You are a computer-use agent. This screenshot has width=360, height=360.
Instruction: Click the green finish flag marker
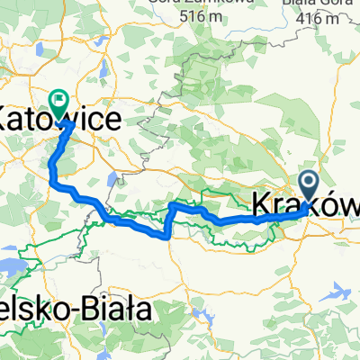pos(60,101)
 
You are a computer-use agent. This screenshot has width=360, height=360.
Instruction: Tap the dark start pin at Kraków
pos(309,184)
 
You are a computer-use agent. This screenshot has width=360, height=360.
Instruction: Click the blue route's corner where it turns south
pos(171,207)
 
